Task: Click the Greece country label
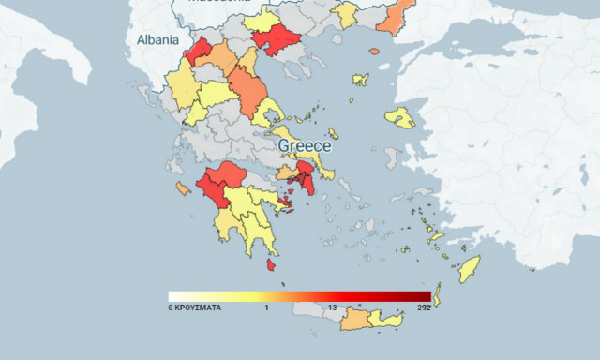pyautogui.click(x=305, y=146)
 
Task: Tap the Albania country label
pyautogui.click(x=157, y=40)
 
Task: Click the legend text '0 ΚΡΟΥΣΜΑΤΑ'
pyautogui.click(x=195, y=307)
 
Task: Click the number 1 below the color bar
pyautogui.click(x=266, y=307)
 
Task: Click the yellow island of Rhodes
pyautogui.click(x=468, y=268)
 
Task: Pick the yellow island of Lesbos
pyautogui.click(x=400, y=117)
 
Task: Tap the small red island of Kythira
pyautogui.click(x=272, y=266)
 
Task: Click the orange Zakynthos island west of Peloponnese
pyautogui.click(x=181, y=188)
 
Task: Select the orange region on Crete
pyautogui.click(x=354, y=321)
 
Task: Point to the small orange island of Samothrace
pyautogui.click(x=374, y=51)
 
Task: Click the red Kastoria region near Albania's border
pyautogui.click(x=199, y=51)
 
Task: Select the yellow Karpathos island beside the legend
pyautogui.click(x=437, y=301)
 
